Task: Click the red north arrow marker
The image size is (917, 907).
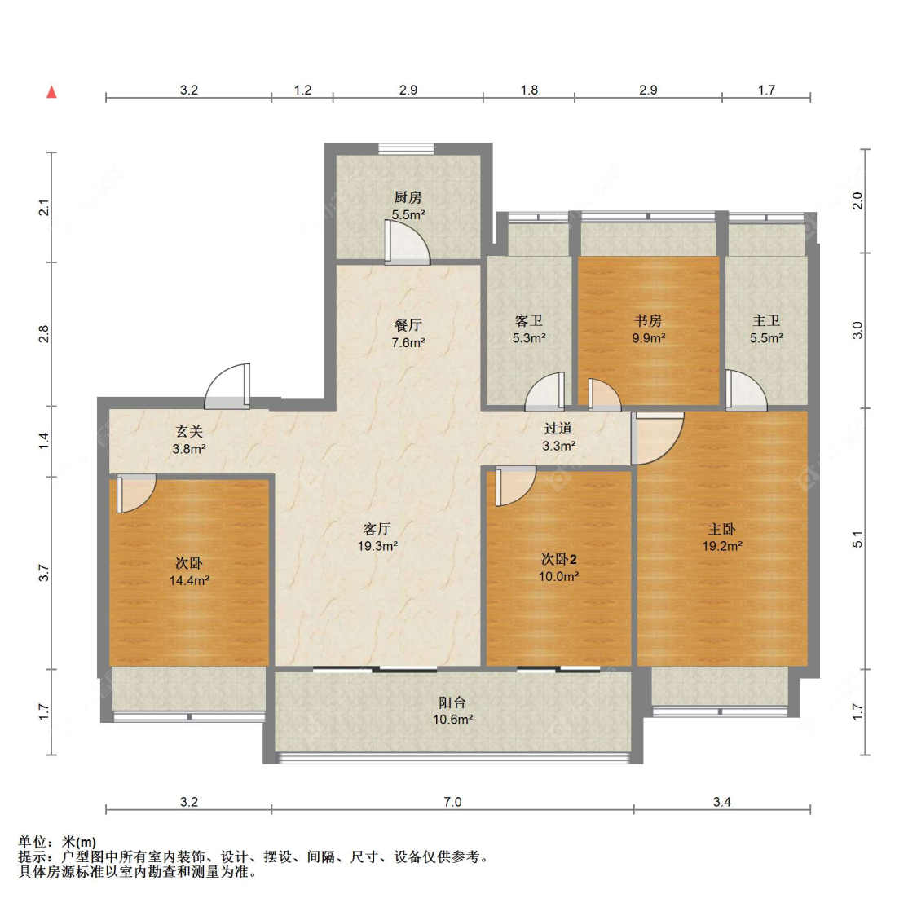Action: (52, 92)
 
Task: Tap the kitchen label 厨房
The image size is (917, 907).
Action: (408, 197)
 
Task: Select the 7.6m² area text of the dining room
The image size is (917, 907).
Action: (408, 343)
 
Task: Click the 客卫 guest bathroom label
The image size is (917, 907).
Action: (529, 320)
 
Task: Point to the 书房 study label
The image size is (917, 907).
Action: (649, 320)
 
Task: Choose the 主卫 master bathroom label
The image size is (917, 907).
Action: (766, 320)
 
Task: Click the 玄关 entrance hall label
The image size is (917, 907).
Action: (189, 432)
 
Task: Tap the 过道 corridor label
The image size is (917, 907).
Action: (558, 429)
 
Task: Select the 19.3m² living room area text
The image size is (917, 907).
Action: (377, 546)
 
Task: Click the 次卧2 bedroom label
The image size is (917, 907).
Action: (559, 559)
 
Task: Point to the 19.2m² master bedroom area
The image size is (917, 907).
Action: (722, 546)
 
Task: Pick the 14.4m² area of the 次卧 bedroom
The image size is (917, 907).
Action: (189, 581)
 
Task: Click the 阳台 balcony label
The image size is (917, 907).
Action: (452, 702)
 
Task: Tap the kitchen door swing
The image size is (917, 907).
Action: (407, 242)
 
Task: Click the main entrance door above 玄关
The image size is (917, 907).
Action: (227, 386)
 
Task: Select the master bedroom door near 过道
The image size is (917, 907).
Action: (657, 438)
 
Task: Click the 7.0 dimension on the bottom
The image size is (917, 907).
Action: (452, 802)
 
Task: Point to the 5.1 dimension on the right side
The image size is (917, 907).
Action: (857, 539)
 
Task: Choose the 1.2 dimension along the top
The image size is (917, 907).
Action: (302, 90)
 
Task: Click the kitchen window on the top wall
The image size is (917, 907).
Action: (407, 149)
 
